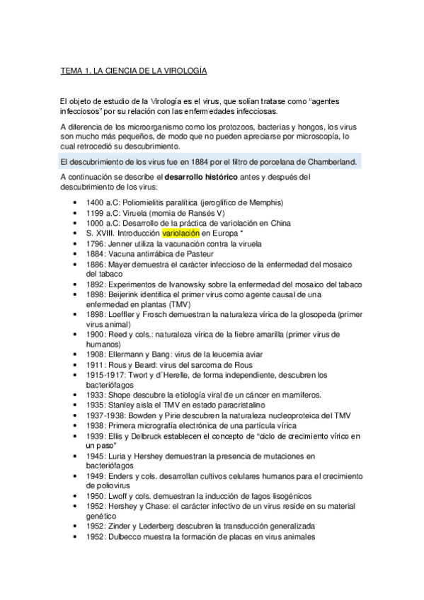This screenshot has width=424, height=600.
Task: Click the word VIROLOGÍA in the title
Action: click(x=179, y=71)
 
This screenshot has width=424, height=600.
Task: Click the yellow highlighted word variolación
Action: click(x=181, y=232)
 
